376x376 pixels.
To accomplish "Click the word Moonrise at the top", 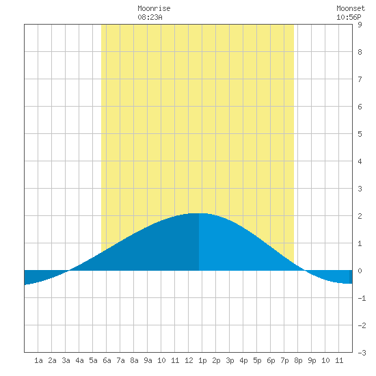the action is click(x=154, y=8).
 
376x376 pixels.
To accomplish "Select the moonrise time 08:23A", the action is click(x=150, y=17).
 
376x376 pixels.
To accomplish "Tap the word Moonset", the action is click(x=351, y=8).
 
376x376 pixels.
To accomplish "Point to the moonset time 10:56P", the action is click(x=349, y=17).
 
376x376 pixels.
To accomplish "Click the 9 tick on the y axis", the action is click(x=360, y=25).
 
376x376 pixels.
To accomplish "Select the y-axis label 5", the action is click(x=360, y=134).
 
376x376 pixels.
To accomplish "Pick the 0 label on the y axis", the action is click(x=360, y=271).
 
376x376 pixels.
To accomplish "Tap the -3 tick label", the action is click(x=362, y=353).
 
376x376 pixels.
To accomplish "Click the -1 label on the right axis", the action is click(x=362, y=298).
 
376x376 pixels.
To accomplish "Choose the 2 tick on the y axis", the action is click(x=360, y=216).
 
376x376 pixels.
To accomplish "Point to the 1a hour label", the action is click(x=38, y=360).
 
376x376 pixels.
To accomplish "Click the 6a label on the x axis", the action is click(x=107, y=360).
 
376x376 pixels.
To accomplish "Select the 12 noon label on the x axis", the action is click(x=189, y=360).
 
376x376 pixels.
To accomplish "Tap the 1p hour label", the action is click(x=202, y=360).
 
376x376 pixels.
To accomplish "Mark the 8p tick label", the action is click(x=298, y=360).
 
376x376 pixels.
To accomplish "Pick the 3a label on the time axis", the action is click(x=66, y=360).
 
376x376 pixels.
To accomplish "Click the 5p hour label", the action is click(x=257, y=360).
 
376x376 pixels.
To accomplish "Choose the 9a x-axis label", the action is click(x=148, y=360).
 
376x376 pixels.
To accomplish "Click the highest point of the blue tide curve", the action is click(x=198, y=213).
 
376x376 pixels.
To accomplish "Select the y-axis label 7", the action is click(x=360, y=79).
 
